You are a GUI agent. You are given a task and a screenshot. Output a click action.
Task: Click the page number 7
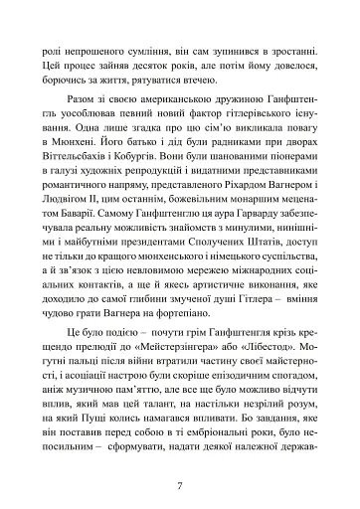180,457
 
